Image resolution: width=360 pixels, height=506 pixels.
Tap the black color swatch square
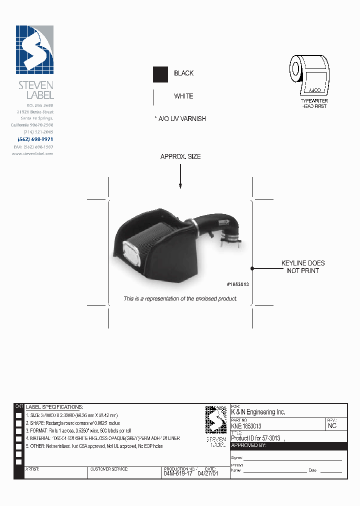(160, 74)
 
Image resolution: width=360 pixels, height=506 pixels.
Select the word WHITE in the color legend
(183, 96)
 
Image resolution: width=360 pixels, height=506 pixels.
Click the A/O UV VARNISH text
(182, 119)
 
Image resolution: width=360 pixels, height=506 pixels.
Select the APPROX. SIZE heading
(180, 156)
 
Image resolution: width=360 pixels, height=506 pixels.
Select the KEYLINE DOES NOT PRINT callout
(303, 266)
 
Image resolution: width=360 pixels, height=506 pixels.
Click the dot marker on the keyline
(252, 268)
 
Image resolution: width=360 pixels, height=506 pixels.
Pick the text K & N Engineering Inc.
(258, 412)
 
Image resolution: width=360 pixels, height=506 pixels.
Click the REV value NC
(332, 426)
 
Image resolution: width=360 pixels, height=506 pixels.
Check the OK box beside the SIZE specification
(18, 416)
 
